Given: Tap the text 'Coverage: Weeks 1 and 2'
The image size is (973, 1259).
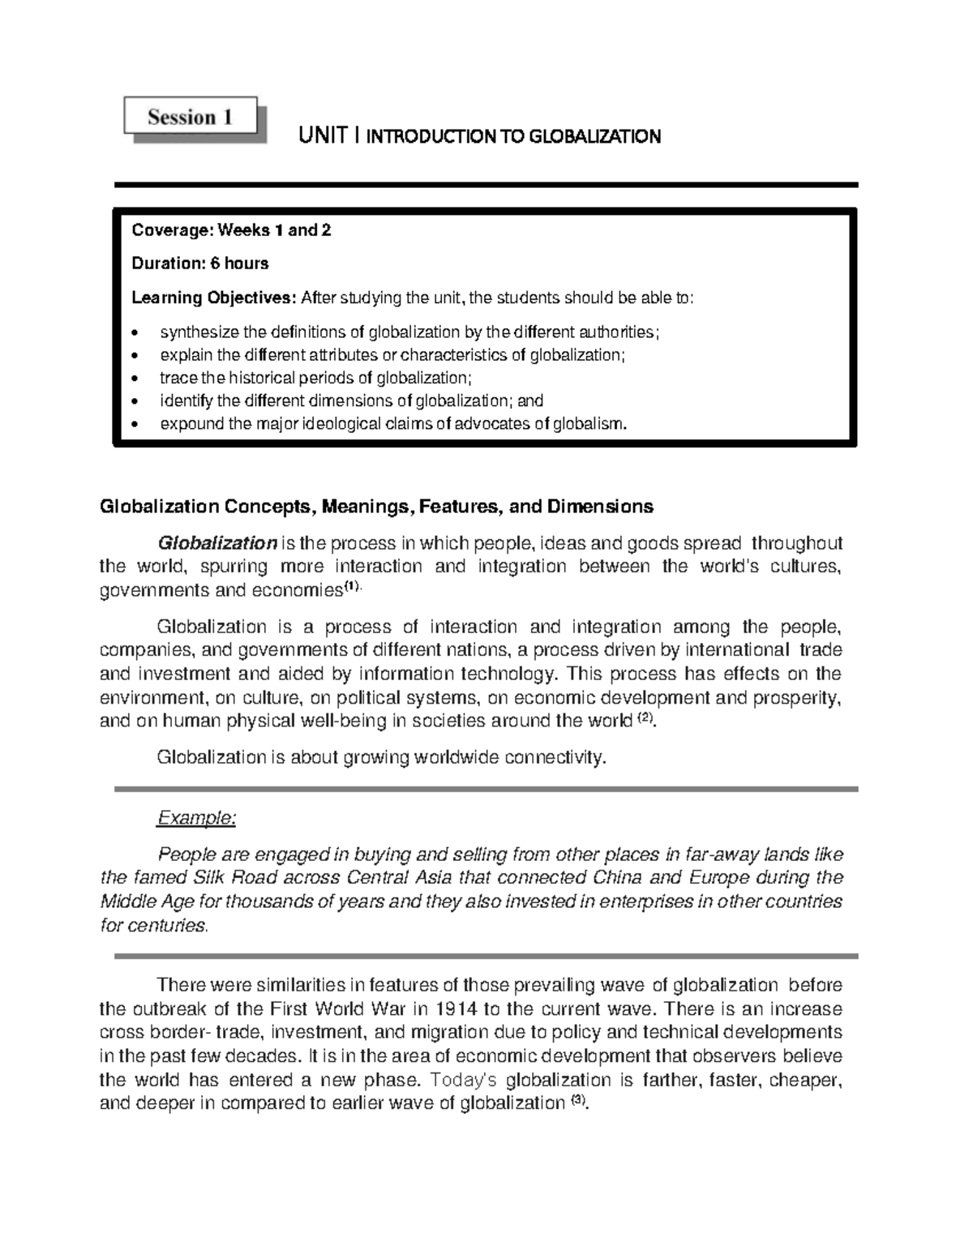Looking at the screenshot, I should pos(231,230).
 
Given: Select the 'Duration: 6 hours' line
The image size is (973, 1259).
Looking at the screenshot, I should pos(199,263).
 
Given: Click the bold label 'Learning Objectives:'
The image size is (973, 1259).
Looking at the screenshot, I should pos(214,298).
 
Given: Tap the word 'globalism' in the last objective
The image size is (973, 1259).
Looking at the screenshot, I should pos(589,424).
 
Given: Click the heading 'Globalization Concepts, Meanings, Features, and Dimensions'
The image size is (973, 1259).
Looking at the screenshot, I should pos(375,507).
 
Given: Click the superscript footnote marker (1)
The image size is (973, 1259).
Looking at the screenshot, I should pos(350,589).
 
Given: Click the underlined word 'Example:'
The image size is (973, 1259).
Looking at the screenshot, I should pos(195,818).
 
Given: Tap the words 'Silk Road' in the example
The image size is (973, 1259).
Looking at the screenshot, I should pos(228,878).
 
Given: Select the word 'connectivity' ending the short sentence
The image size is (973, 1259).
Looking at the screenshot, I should pos(554,758).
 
